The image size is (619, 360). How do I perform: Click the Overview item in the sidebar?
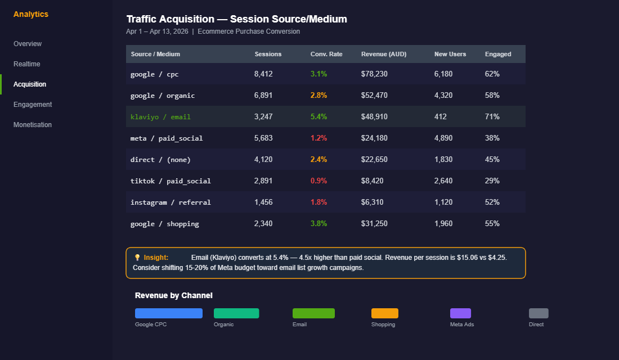click(28, 44)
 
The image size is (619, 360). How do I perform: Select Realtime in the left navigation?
click(27, 64)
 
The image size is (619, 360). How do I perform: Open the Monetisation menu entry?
click(33, 125)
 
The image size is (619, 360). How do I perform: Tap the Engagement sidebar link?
click(33, 105)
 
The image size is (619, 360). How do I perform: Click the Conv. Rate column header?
click(326, 54)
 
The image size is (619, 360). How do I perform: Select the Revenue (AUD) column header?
click(384, 54)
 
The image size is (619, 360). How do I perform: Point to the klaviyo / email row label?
click(160, 117)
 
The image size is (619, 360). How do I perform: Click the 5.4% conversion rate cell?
click(319, 117)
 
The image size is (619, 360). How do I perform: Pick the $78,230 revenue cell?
click(374, 74)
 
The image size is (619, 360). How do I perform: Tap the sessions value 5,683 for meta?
click(263, 138)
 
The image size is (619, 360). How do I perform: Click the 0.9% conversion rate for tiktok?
click(319, 181)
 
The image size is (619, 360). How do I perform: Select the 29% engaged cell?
click(492, 181)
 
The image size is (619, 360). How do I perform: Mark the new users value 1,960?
click(443, 224)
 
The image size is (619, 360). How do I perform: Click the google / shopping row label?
click(165, 224)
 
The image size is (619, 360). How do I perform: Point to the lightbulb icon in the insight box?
click(137, 258)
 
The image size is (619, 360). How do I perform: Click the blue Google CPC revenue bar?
click(169, 313)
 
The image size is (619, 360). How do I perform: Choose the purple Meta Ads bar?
click(460, 313)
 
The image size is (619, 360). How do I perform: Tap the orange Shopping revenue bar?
click(385, 313)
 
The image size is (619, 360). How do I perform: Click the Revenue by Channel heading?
click(174, 296)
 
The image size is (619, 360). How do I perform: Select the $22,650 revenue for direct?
click(374, 160)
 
